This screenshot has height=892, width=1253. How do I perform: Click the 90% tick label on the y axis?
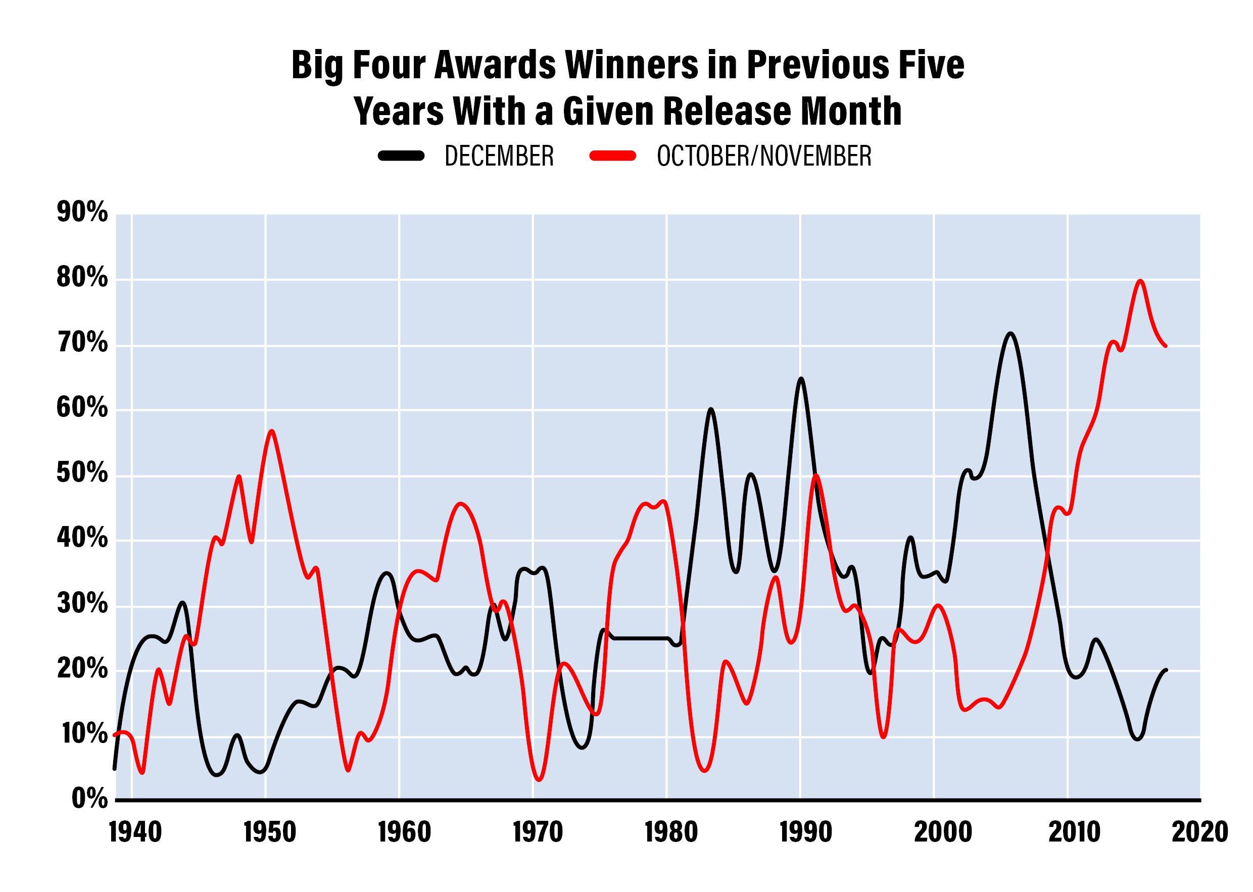point(82,213)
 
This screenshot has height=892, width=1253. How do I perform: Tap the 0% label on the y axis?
point(89,799)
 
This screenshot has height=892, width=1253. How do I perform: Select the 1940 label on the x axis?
point(135,832)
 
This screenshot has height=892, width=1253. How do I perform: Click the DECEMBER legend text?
point(499,156)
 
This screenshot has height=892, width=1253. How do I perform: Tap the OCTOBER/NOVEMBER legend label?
point(764,156)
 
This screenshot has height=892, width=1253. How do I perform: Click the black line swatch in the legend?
point(402,156)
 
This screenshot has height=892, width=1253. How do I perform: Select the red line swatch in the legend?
point(613,156)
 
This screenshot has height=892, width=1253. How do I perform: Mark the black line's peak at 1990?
point(801,379)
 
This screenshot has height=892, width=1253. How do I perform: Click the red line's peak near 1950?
point(271,431)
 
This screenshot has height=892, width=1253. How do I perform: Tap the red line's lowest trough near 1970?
point(539,779)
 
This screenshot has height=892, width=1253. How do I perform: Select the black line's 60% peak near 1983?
point(710,409)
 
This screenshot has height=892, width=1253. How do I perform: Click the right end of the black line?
point(1166,669)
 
